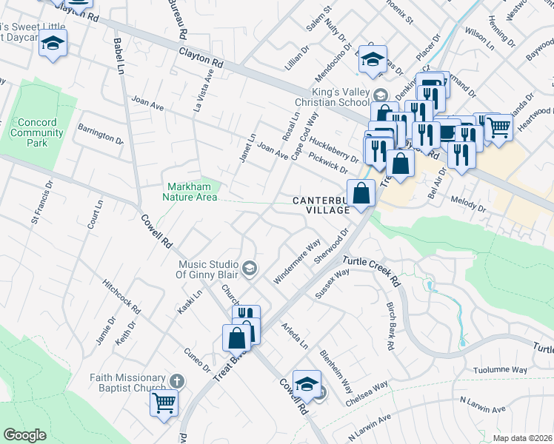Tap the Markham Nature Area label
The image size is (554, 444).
[x=190, y=192]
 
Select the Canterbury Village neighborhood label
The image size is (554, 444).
[x=320, y=205]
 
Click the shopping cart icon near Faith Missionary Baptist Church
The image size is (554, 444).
[x=164, y=403]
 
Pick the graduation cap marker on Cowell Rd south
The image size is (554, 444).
[x=307, y=383]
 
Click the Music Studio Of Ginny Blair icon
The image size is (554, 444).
[x=250, y=268]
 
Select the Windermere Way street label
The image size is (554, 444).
[x=297, y=256]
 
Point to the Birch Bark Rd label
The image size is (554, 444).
[x=389, y=325]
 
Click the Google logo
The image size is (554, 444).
[x=24, y=435]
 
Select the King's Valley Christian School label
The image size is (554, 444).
[x=338, y=98]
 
